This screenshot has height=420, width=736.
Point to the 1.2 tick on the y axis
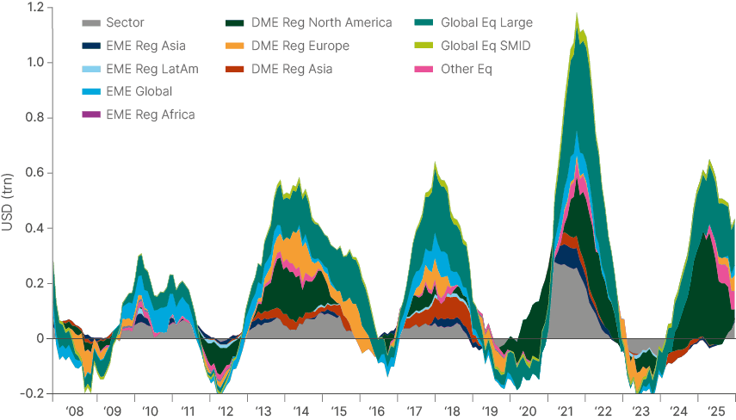(34, 8)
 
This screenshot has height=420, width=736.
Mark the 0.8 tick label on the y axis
(34, 118)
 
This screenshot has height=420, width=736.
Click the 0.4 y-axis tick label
(34, 228)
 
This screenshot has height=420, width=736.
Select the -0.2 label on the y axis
(33, 393)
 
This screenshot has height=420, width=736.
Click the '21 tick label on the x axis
(567, 411)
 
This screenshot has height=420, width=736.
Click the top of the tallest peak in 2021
(576, 13)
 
